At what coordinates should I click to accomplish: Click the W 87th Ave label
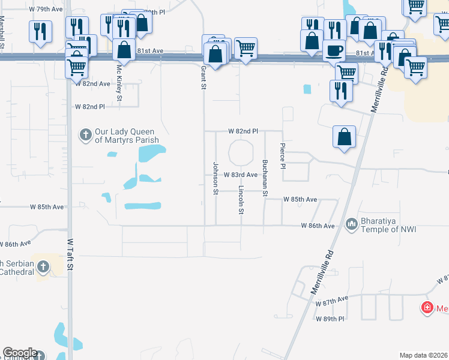(332, 299)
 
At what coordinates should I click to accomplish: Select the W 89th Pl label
(331, 319)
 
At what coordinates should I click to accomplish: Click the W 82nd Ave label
(92, 84)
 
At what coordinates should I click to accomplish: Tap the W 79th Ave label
(45, 10)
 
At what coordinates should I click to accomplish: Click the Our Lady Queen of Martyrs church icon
(86, 134)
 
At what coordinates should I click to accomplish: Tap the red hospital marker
(427, 308)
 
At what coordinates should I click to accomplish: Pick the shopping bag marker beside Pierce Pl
(345, 137)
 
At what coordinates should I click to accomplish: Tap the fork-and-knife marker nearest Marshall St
(40, 30)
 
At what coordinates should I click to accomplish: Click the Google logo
(20, 353)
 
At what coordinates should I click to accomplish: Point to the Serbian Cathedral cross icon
(43, 266)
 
